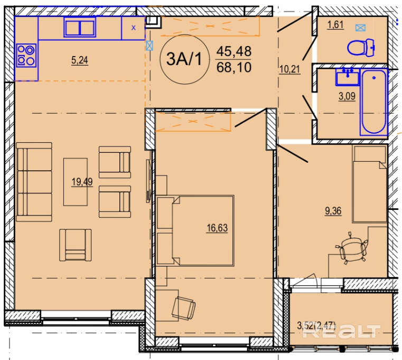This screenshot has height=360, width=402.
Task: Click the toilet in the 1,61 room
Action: tap(361, 48)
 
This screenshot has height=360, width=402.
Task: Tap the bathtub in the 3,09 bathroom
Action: tap(374, 102)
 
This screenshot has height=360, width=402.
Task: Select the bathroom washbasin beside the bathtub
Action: tap(348, 77)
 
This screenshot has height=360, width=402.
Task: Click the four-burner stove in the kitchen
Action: tap(26, 56)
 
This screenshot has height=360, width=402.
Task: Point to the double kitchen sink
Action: tap(80, 27)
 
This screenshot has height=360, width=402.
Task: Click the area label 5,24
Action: tap(79, 61)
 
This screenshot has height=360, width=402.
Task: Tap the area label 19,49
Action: tap(82, 182)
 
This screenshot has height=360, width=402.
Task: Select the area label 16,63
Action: tap(217, 228)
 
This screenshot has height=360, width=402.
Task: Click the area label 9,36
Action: tap(333, 211)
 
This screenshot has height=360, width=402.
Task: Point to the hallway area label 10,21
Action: tap(289, 69)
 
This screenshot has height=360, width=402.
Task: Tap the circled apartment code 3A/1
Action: tap(184, 59)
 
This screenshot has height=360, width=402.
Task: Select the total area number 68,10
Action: tap(234, 68)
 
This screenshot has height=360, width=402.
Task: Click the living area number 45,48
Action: tap(234, 51)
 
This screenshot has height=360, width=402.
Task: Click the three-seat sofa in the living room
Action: tap(34, 182)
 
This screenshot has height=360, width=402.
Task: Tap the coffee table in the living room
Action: tap(76, 182)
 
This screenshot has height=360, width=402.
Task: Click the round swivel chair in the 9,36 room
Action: tap(352, 248)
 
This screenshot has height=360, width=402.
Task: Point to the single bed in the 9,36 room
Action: tap(369, 184)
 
